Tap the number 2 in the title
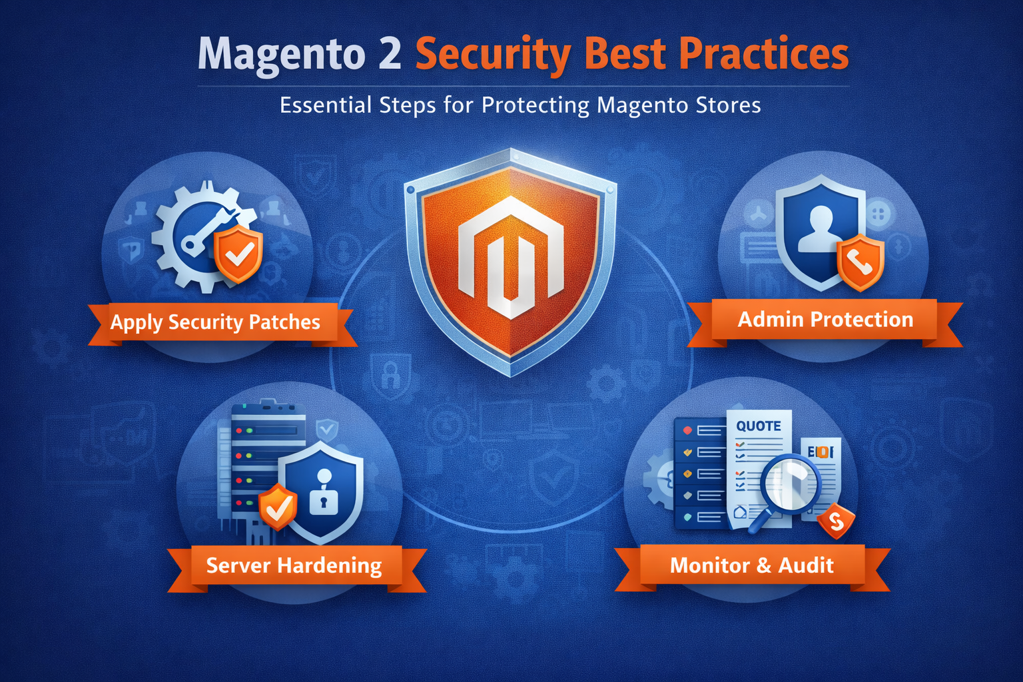pyautogui.click(x=390, y=53)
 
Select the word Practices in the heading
pyautogui.click(x=764, y=53)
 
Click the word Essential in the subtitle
pyautogui.click(x=326, y=105)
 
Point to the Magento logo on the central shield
pyautogui.click(x=511, y=257)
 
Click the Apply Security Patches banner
pyautogui.click(x=215, y=322)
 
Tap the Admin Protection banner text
pyautogui.click(x=825, y=319)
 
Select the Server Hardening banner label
pyautogui.click(x=294, y=565)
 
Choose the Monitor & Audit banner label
pyautogui.click(x=752, y=565)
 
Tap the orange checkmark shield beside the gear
pyautogui.click(x=238, y=254)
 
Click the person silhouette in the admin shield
pyautogui.click(x=821, y=229)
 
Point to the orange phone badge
pyautogui.click(x=860, y=262)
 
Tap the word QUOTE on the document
pyautogui.click(x=758, y=426)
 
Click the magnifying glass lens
pyautogui.click(x=791, y=484)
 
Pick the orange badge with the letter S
pyautogui.click(x=836, y=521)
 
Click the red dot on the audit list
pyautogui.click(x=687, y=430)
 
